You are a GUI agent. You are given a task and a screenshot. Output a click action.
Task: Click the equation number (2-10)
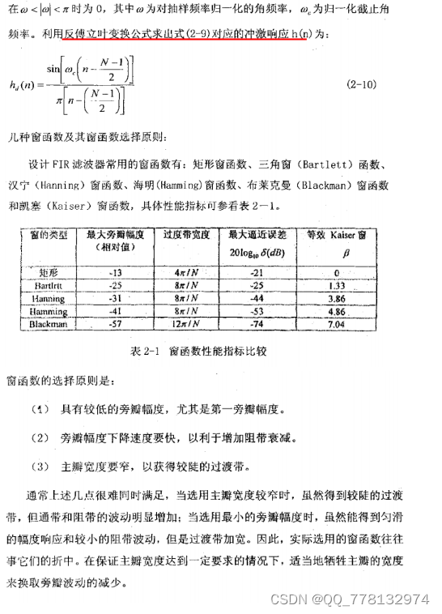click(x=360, y=84)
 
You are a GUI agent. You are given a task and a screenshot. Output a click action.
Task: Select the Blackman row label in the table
click(x=49, y=323)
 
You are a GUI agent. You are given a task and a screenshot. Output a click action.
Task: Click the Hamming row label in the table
click(x=49, y=310)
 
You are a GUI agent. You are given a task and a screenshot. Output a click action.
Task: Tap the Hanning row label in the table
click(x=49, y=298)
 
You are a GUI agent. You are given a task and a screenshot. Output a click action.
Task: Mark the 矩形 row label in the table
click(x=49, y=272)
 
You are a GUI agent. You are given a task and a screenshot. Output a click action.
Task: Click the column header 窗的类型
click(x=49, y=235)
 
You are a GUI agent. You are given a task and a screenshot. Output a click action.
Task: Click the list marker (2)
click(x=40, y=438)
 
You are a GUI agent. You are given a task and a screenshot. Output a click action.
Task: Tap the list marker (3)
click(x=40, y=467)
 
